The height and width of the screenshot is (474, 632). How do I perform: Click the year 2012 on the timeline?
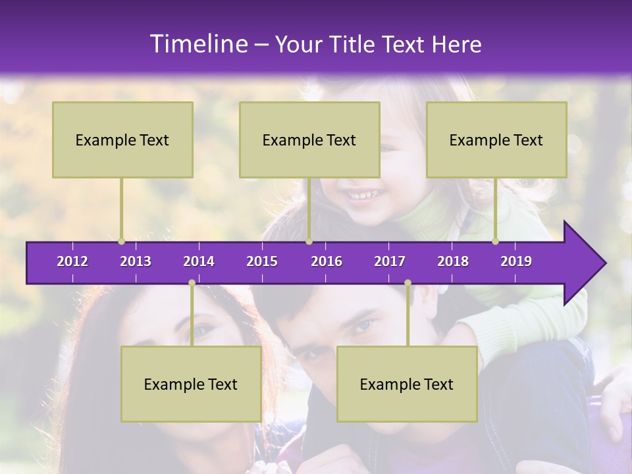pos(72,261)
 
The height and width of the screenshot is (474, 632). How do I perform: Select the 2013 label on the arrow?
pos(136,261)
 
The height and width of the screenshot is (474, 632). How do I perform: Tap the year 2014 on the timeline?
pos(199,261)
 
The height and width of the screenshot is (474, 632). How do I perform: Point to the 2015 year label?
pos(262,261)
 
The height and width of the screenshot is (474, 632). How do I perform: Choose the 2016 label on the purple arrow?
pos(327,261)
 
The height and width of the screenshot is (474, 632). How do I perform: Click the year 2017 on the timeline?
pos(390,261)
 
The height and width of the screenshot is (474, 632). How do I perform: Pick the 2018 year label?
pos(453,261)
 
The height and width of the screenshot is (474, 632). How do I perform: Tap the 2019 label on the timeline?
pos(516,261)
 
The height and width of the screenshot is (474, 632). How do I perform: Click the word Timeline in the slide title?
pos(198,44)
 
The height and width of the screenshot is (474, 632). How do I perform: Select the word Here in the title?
pos(456,45)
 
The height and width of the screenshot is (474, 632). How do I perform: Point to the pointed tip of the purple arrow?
pos(604,263)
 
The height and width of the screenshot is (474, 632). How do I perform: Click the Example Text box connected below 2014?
pos(191,384)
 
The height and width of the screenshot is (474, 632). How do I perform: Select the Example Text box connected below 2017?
pos(407,384)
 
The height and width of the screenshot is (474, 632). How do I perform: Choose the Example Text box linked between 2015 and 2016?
pos(309,140)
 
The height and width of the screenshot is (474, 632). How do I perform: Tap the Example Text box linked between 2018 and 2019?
pos(496,140)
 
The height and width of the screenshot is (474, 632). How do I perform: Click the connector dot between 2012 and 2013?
pos(121,241)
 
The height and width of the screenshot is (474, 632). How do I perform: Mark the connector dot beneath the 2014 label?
pos(192,282)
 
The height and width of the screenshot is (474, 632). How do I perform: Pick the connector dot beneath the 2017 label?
pos(408,282)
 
